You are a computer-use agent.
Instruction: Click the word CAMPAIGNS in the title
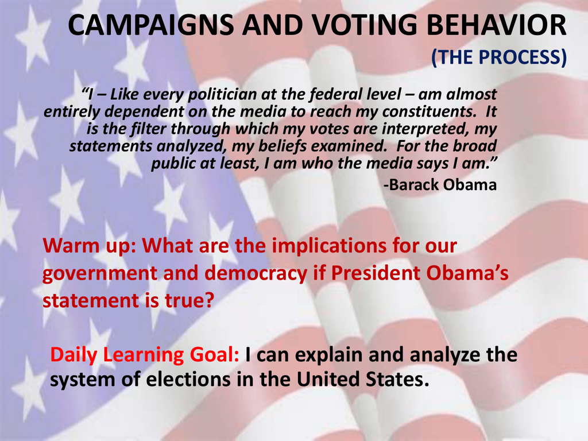(151, 25)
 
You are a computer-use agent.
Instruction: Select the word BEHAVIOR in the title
(497, 25)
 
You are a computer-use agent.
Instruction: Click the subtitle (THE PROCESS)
(499, 57)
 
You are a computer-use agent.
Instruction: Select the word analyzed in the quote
(191, 146)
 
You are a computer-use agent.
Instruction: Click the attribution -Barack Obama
(440, 184)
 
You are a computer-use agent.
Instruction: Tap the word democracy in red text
(256, 273)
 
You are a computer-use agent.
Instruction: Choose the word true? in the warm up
(189, 300)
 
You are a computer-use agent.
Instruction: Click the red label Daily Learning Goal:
(144, 355)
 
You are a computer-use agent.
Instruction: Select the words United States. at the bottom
(363, 379)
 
